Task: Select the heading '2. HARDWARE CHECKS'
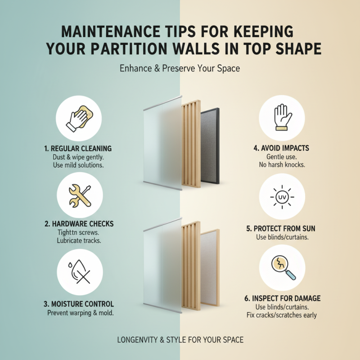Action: (x=79, y=224)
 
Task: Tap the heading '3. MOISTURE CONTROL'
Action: (x=79, y=304)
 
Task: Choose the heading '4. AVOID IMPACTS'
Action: (x=282, y=148)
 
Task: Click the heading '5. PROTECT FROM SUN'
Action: (x=282, y=228)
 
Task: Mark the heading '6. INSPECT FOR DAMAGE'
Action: (x=282, y=298)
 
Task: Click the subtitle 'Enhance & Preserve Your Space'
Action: (x=180, y=69)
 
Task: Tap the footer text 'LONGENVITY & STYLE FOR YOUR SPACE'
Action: (x=180, y=340)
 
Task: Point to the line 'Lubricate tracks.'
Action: (x=79, y=241)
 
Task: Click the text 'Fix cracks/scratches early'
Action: (x=282, y=315)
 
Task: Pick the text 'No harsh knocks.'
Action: (x=282, y=165)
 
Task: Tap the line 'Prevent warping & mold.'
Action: (x=79, y=313)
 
